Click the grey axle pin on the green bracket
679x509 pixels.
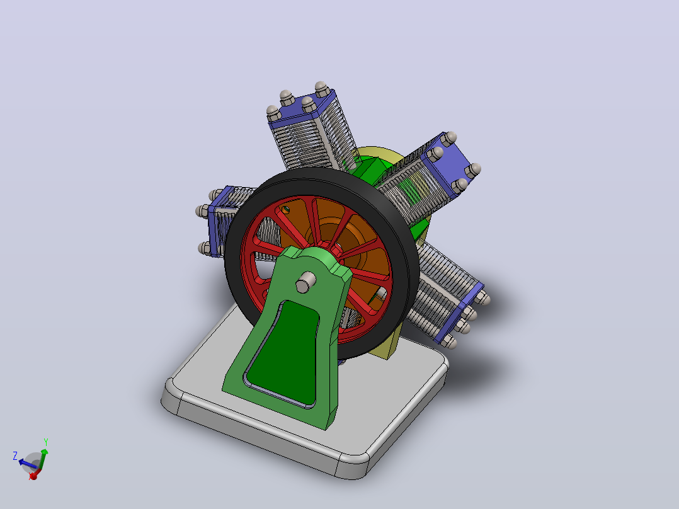click(x=305, y=282)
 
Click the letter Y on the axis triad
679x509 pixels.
click(x=45, y=442)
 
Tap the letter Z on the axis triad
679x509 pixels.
click(x=15, y=455)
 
